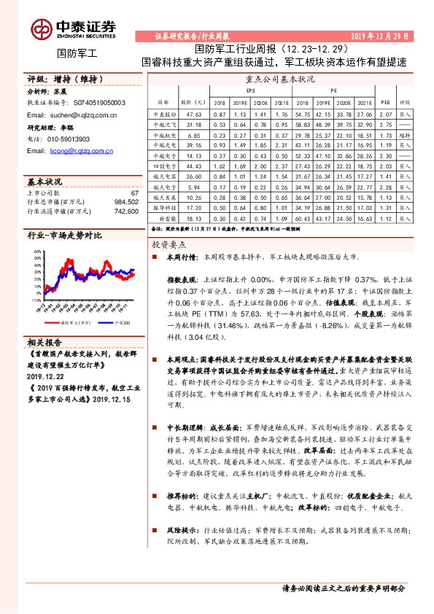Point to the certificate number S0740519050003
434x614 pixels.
(x=96, y=104)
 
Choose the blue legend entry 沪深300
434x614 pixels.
(x=120, y=321)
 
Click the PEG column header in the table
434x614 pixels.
(x=386, y=102)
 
